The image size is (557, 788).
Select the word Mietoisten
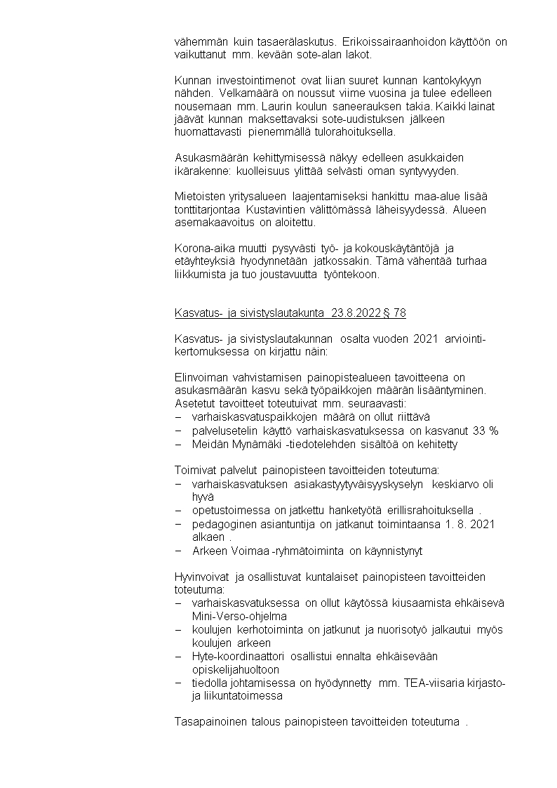(199, 196)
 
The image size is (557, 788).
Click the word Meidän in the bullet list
(208, 443)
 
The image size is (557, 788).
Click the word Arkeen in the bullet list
(208, 551)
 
